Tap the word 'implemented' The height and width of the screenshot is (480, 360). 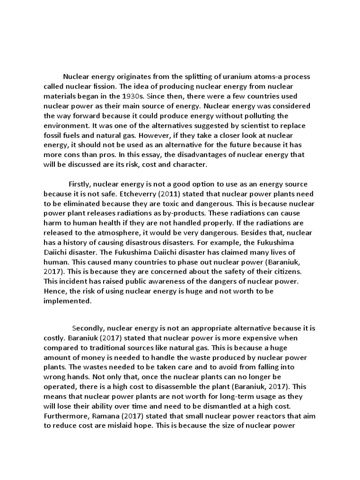(67, 301)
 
